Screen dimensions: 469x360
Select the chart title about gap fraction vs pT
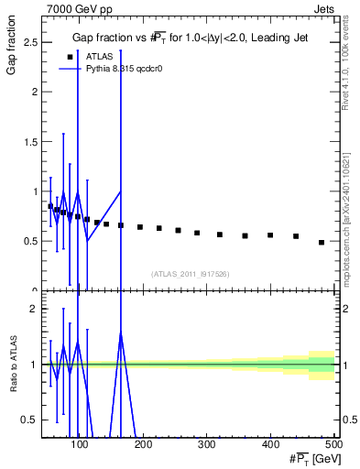click(x=191, y=38)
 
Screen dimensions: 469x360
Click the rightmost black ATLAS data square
click(x=321, y=243)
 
